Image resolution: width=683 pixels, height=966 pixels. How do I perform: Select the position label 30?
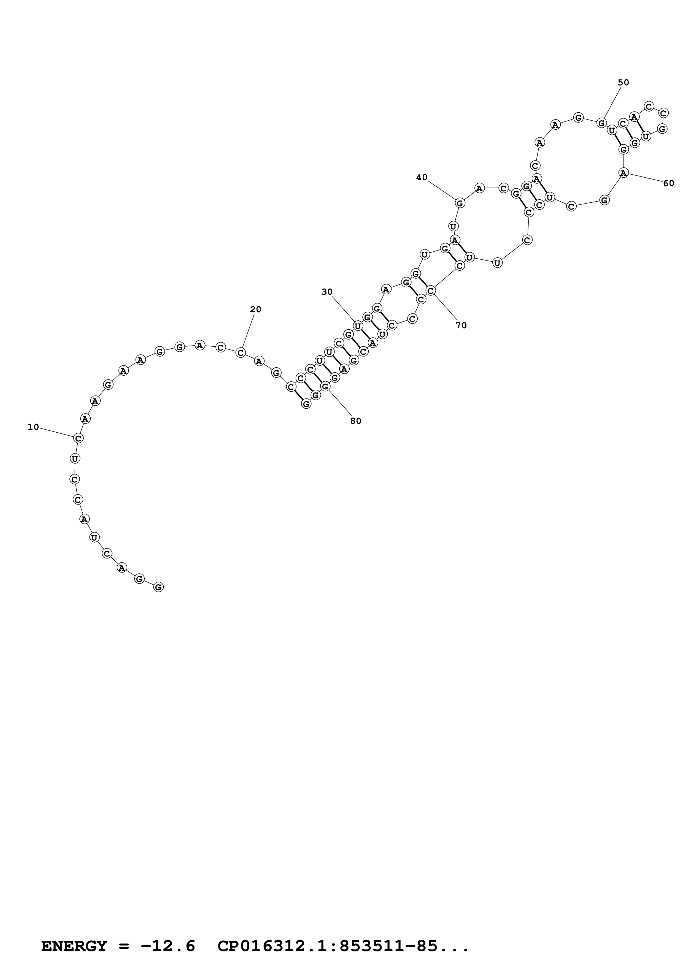coord(327,292)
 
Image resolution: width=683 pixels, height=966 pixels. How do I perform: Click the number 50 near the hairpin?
coord(623,82)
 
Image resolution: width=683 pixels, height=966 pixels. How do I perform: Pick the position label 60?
coord(668,183)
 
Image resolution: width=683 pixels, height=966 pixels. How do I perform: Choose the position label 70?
coord(461,325)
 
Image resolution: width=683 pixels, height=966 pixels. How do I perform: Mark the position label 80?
coord(356,421)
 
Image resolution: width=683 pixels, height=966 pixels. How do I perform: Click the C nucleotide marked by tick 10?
coord(78,438)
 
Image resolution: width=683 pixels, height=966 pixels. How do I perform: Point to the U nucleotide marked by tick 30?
coord(358,326)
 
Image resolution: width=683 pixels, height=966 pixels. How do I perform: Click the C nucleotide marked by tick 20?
coord(240,352)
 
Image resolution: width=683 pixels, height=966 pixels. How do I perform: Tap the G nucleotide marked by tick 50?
coord(602,123)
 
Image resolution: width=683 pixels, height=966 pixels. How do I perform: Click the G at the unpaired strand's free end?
coord(158,587)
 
